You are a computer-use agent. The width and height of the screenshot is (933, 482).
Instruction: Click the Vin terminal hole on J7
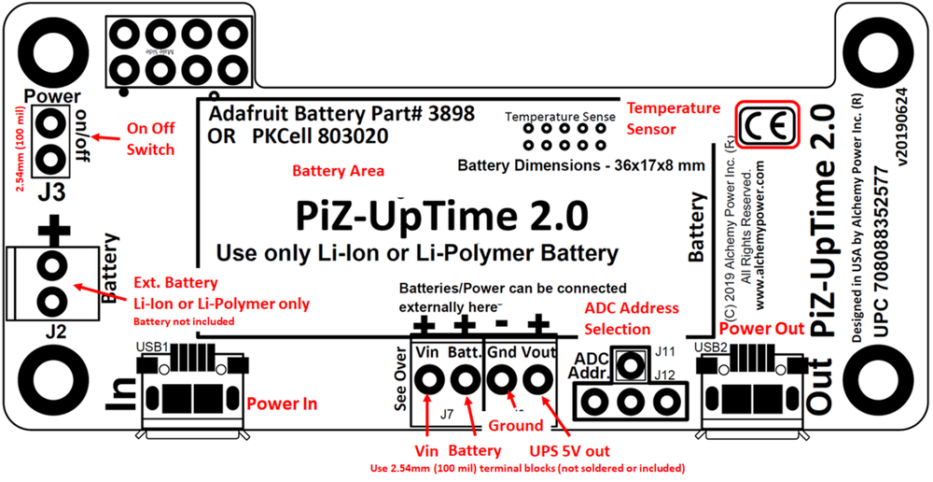click(430, 380)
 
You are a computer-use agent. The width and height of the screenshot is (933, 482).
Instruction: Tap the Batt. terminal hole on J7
click(465, 380)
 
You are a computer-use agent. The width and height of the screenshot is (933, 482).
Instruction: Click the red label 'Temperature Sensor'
click(673, 118)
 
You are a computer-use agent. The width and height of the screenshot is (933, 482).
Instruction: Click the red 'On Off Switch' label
click(150, 139)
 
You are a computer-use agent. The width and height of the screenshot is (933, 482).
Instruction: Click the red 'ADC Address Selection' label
click(631, 318)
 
